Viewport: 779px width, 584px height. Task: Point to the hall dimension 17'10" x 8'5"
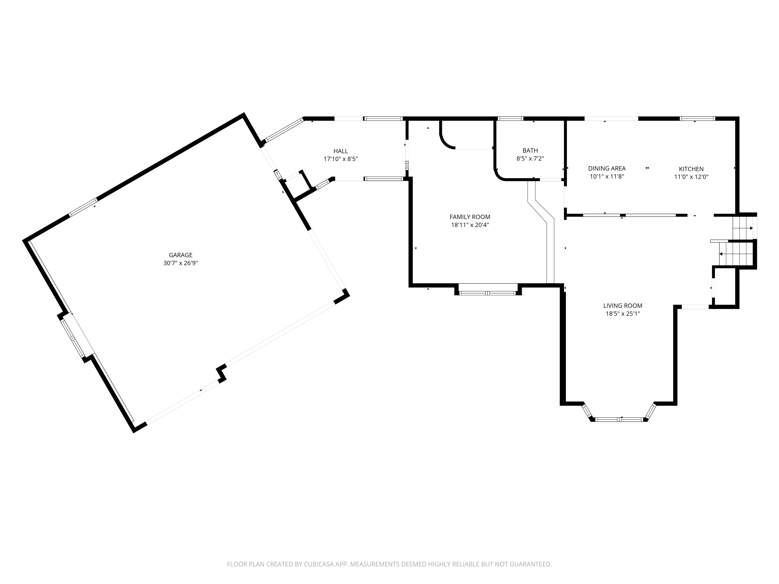(x=341, y=159)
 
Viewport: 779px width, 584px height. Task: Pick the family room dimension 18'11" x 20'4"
(x=470, y=225)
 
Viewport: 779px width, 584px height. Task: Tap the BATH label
(x=530, y=151)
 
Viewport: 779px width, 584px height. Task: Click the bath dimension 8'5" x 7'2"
(x=530, y=159)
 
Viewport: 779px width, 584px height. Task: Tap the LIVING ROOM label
(x=623, y=306)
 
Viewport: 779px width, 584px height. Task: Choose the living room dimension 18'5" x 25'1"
(x=623, y=314)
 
